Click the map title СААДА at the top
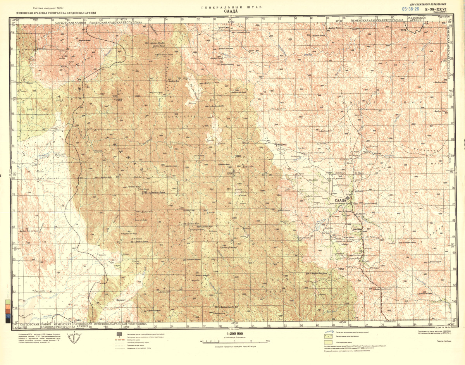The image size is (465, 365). (x=232, y=12)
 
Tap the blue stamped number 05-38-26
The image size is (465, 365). (x=410, y=9)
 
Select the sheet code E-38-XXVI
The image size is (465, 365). (x=436, y=9)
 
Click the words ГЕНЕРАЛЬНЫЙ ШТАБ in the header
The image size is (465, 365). (x=232, y=7)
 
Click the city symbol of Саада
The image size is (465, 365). (x=348, y=198)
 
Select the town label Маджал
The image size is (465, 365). (x=281, y=145)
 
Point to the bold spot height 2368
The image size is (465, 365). (x=119, y=100)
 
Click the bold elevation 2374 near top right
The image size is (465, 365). (x=403, y=30)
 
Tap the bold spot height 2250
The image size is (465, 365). (x=341, y=269)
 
